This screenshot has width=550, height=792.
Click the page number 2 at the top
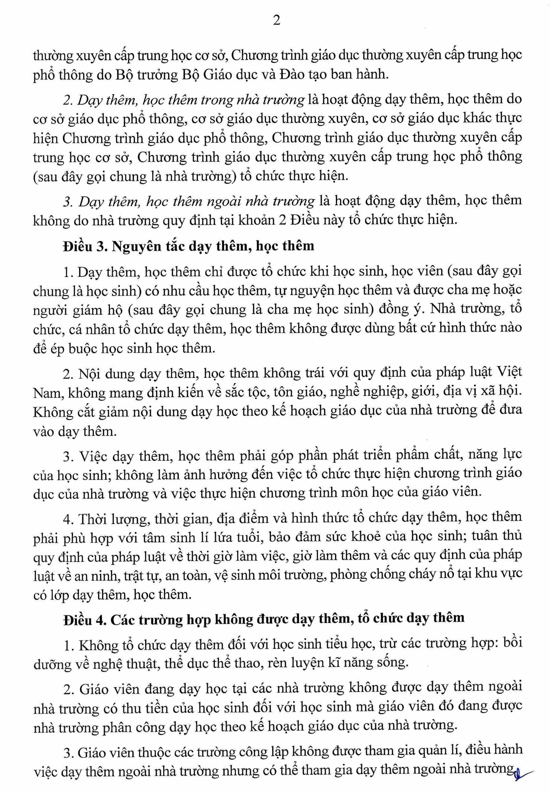(x=276, y=21)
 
